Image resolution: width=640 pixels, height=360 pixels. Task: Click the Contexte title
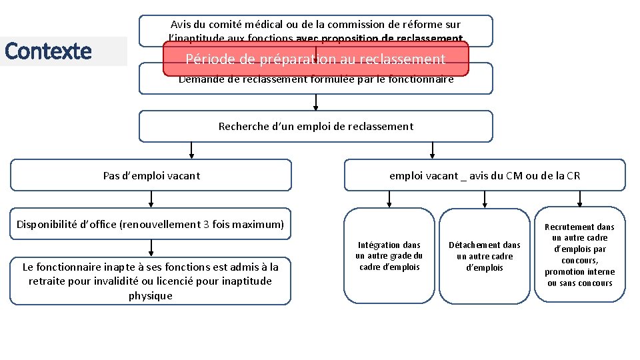(x=48, y=51)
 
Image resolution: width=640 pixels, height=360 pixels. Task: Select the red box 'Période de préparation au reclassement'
(x=315, y=59)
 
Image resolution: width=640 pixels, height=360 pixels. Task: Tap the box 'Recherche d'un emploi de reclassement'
(x=315, y=126)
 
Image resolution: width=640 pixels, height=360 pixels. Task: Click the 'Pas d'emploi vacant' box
(x=151, y=175)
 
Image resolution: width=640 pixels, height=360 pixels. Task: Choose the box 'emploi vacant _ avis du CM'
(x=485, y=175)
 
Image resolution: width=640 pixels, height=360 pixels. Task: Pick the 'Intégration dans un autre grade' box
(x=389, y=256)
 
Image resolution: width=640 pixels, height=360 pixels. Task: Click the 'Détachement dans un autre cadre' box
(x=485, y=256)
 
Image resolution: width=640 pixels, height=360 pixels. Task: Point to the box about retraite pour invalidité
(x=151, y=281)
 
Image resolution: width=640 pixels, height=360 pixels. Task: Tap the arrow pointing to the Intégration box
(x=389, y=199)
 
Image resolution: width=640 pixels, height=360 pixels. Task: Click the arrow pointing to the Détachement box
(x=485, y=199)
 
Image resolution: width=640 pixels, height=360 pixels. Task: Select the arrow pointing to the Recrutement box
(x=580, y=199)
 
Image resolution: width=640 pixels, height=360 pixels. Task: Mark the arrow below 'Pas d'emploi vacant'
(x=151, y=199)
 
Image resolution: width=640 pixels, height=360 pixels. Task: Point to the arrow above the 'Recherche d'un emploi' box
(x=315, y=102)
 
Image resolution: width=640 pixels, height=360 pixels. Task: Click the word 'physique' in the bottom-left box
(x=151, y=295)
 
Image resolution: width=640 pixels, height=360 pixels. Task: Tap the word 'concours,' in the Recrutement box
(x=579, y=261)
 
